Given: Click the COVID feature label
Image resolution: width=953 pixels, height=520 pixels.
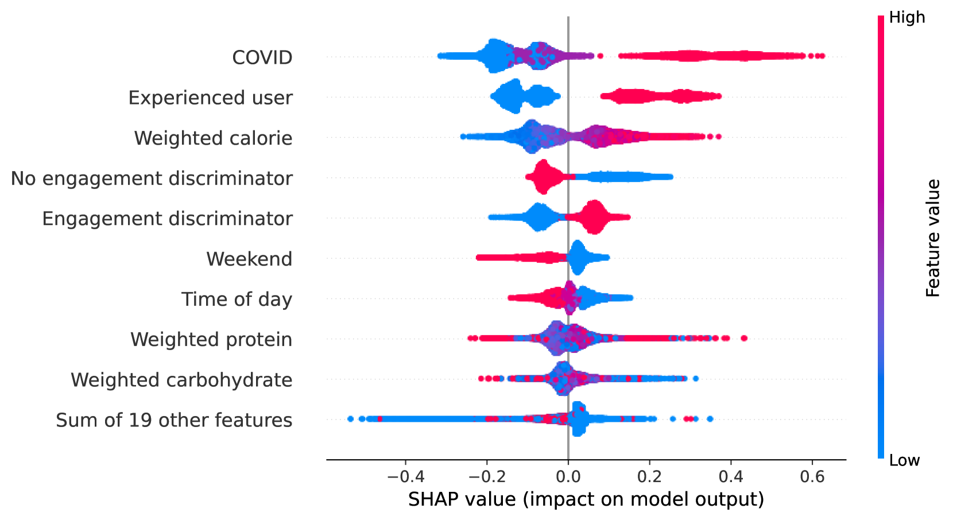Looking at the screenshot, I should pyautogui.click(x=262, y=57).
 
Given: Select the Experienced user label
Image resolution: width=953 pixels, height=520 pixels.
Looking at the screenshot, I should pyautogui.click(x=210, y=98).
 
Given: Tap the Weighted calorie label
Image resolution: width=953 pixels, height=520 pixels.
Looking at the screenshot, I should pyautogui.click(x=213, y=138).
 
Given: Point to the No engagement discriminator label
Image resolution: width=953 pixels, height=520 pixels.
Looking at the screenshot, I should pyautogui.click(x=152, y=178).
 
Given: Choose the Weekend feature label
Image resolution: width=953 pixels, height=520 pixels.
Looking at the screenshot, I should pyautogui.click(x=249, y=259).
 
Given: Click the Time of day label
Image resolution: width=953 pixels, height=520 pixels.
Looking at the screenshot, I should pyautogui.click(x=237, y=299).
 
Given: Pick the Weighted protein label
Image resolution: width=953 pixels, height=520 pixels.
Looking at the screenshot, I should pyautogui.click(x=211, y=339).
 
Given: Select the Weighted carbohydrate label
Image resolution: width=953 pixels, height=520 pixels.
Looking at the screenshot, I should pyautogui.click(x=181, y=380).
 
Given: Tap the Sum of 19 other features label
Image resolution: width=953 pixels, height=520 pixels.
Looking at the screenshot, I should pyautogui.click(x=174, y=420).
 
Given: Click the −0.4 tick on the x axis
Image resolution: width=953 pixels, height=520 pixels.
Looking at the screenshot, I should pyautogui.click(x=405, y=476).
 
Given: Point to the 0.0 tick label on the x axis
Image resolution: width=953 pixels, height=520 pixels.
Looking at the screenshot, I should pyautogui.click(x=568, y=476).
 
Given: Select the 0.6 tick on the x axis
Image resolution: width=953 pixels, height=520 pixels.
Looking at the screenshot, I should pyautogui.click(x=812, y=476).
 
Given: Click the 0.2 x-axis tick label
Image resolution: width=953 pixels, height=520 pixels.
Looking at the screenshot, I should pyautogui.click(x=649, y=476).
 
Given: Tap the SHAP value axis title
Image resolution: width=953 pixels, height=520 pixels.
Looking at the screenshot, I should pyautogui.click(x=586, y=499).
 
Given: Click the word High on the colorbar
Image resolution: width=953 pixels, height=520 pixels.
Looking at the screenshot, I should pyautogui.click(x=906, y=17).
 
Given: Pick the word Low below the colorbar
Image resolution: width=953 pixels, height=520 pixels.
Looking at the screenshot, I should pyautogui.click(x=904, y=460).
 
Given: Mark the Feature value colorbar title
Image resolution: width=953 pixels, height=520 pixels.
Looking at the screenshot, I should pyautogui.click(x=933, y=238).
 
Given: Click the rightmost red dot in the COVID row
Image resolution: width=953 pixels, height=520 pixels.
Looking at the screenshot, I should pyautogui.click(x=822, y=56).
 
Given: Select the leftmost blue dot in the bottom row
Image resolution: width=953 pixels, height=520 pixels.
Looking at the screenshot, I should pyautogui.click(x=351, y=419).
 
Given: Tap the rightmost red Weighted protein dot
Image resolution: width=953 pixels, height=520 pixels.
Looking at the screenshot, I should pyautogui.click(x=744, y=338).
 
